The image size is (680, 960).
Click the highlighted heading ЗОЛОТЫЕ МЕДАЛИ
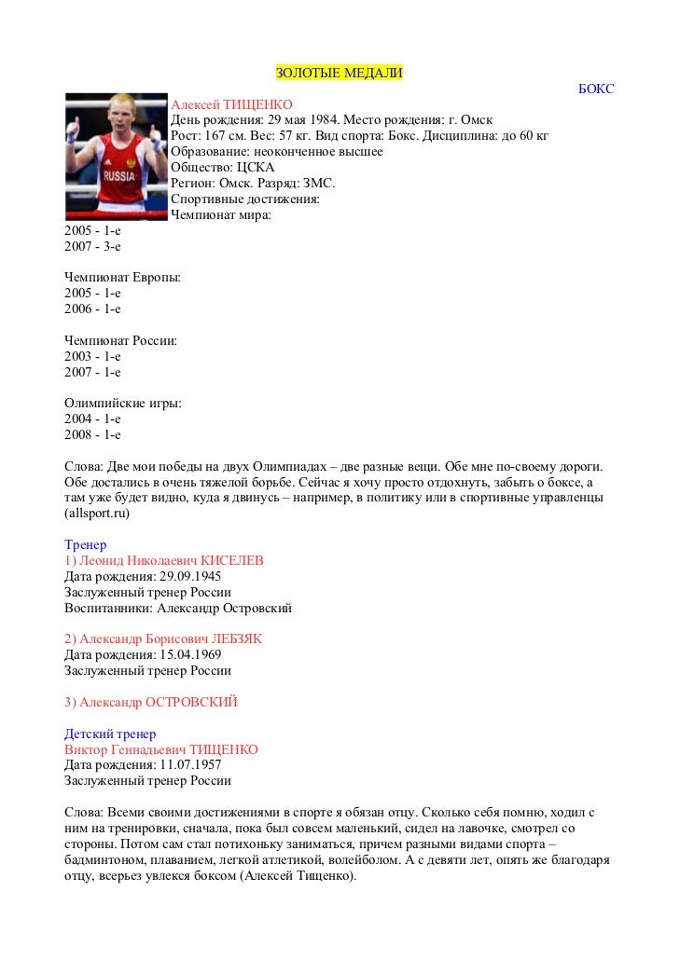point(339,74)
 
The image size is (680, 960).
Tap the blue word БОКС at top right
point(596,89)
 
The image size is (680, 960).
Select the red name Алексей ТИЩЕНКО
point(231,104)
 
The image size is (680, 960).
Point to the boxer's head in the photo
point(116,113)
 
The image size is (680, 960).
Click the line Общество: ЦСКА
point(222,168)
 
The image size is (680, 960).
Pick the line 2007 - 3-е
point(92,247)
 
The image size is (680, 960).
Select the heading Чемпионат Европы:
point(122,278)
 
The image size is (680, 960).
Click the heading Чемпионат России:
point(120,341)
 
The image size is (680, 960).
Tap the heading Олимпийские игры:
point(122,404)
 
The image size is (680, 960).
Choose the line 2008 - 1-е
point(92,435)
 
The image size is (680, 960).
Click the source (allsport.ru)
point(97,514)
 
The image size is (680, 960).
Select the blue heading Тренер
point(85,545)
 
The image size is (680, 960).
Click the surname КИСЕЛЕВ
point(232,561)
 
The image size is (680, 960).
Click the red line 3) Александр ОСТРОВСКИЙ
point(151,702)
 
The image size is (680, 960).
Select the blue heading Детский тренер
point(110,734)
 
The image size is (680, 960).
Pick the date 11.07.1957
point(190,765)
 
